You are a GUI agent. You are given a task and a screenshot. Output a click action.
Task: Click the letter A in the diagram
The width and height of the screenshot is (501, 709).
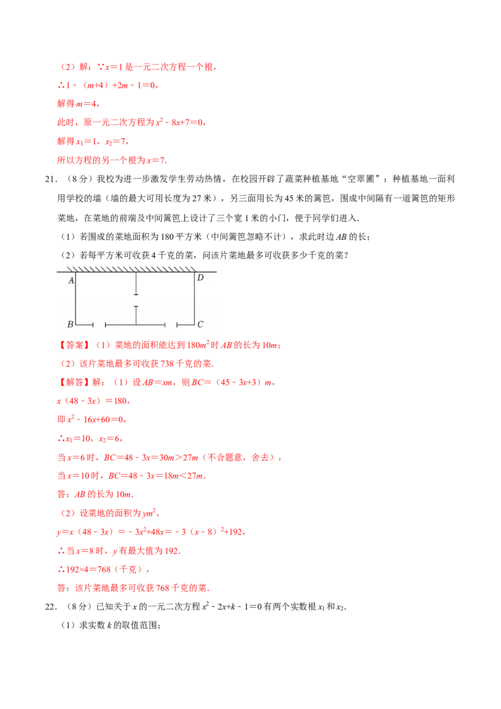click(71, 281)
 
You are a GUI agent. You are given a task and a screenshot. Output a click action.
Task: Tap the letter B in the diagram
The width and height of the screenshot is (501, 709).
click(70, 324)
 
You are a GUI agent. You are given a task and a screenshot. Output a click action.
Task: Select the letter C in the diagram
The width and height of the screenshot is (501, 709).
click(200, 324)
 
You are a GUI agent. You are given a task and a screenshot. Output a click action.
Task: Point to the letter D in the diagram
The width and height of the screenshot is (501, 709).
click(200, 277)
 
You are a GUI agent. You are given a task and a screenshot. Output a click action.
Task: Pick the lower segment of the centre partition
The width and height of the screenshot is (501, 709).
click(136, 316)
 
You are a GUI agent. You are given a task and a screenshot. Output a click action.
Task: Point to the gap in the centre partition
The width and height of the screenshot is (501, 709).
click(136, 300)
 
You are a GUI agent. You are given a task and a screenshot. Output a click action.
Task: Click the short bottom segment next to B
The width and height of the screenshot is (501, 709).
click(85, 324)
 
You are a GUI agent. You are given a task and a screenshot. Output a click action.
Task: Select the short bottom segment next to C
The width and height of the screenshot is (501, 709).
click(185, 324)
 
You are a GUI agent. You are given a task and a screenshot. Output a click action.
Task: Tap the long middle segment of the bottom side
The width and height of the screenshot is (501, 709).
click(135, 324)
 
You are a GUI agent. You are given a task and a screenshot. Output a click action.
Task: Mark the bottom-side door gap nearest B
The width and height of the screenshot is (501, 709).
click(99, 324)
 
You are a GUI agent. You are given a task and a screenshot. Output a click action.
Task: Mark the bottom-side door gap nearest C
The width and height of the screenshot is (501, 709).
click(170, 324)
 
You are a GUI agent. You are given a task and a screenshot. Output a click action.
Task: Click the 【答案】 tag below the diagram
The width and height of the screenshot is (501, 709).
click(73, 345)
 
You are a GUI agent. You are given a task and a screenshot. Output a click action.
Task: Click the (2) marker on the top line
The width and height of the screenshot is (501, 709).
click(68, 67)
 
